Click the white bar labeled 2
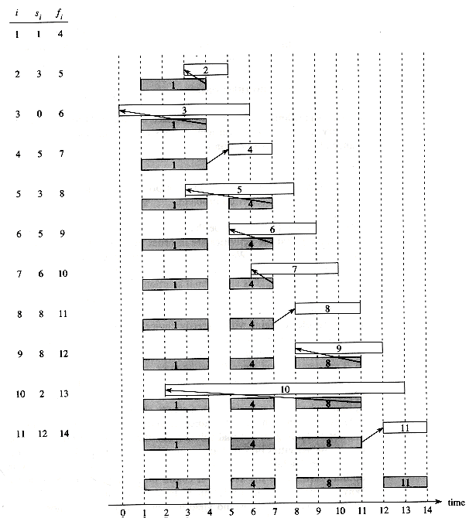tap(206, 70)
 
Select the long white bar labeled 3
tap(184, 110)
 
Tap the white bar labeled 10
tap(285, 388)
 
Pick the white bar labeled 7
tap(295, 268)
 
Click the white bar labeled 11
tap(405, 428)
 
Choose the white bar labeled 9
tap(339, 348)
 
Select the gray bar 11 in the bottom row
tap(406, 482)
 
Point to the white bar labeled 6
tap(272, 229)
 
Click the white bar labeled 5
tap(239, 189)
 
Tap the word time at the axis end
tap(456, 503)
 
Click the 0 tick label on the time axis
tap(123, 513)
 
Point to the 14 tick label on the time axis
tap(428, 510)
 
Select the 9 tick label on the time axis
tap(319, 511)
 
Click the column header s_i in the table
tap(39, 14)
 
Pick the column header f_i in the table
tap(60, 14)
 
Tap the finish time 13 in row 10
tap(63, 394)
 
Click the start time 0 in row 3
tap(39, 114)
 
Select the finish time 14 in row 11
tap(64, 434)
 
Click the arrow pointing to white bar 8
tap(284, 316)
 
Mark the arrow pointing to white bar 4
tap(217, 157)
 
